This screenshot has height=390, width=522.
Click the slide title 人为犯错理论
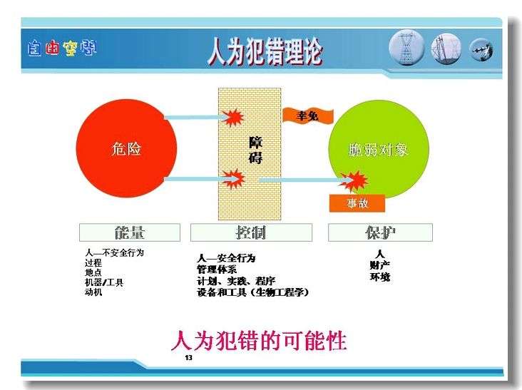point(265,51)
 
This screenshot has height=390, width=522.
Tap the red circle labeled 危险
point(126,148)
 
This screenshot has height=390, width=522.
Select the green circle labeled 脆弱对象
point(379,150)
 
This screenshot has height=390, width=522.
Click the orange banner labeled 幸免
point(307,116)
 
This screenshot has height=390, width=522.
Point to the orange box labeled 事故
point(357,203)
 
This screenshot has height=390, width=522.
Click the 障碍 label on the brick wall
point(256,150)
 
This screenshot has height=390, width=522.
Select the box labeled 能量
point(130,232)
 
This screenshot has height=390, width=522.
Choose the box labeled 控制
point(251,232)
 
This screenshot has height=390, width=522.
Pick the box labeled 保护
point(380,232)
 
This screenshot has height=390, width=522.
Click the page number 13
point(189,358)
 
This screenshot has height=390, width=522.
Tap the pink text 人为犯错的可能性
point(259,340)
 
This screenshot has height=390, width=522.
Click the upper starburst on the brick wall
point(232,118)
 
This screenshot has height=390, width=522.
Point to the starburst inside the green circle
point(354,181)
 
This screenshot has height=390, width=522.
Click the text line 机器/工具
point(104,282)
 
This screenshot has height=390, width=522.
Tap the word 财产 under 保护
point(379,265)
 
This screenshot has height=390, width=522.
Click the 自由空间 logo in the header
point(62,48)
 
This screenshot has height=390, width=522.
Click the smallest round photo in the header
point(481,50)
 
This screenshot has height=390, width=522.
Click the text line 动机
point(93,292)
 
